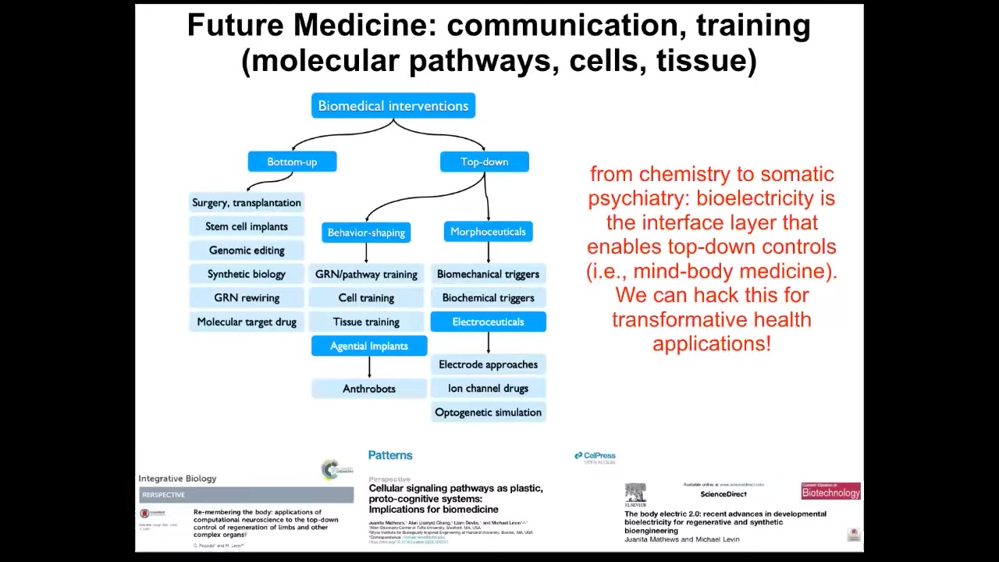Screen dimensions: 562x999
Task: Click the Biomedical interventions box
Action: click(x=393, y=106)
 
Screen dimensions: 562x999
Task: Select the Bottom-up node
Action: click(x=292, y=162)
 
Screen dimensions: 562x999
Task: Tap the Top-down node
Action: click(x=484, y=162)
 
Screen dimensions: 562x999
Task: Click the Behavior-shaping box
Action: click(x=366, y=233)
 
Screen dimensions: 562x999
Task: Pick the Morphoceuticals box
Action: click(x=488, y=232)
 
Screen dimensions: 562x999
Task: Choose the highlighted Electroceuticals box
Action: click(x=488, y=322)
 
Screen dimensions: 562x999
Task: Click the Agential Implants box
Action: click(x=368, y=346)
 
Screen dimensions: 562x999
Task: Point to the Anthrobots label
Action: click(x=368, y=389)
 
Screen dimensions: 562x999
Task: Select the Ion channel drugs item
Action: click(x=488, y=389)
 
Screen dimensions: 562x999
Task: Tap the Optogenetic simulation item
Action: click(x=488, y=412)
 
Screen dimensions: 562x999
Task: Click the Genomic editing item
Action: click(x=247, y=251)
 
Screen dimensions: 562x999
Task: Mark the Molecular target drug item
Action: click(x=247, y=322)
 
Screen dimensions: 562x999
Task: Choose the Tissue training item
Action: click(x=366, y=322)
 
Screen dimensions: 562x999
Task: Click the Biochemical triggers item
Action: click(x=488, y=298)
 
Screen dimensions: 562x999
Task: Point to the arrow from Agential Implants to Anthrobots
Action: click(x=369, y=367)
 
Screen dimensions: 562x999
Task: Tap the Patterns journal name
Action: click(x=390, y=455)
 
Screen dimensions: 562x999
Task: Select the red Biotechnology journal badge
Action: click(x=830, y=492)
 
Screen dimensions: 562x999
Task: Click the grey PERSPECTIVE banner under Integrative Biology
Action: click(x=246, y=495)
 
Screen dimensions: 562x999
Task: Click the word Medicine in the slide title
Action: click(x=360, y=26)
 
